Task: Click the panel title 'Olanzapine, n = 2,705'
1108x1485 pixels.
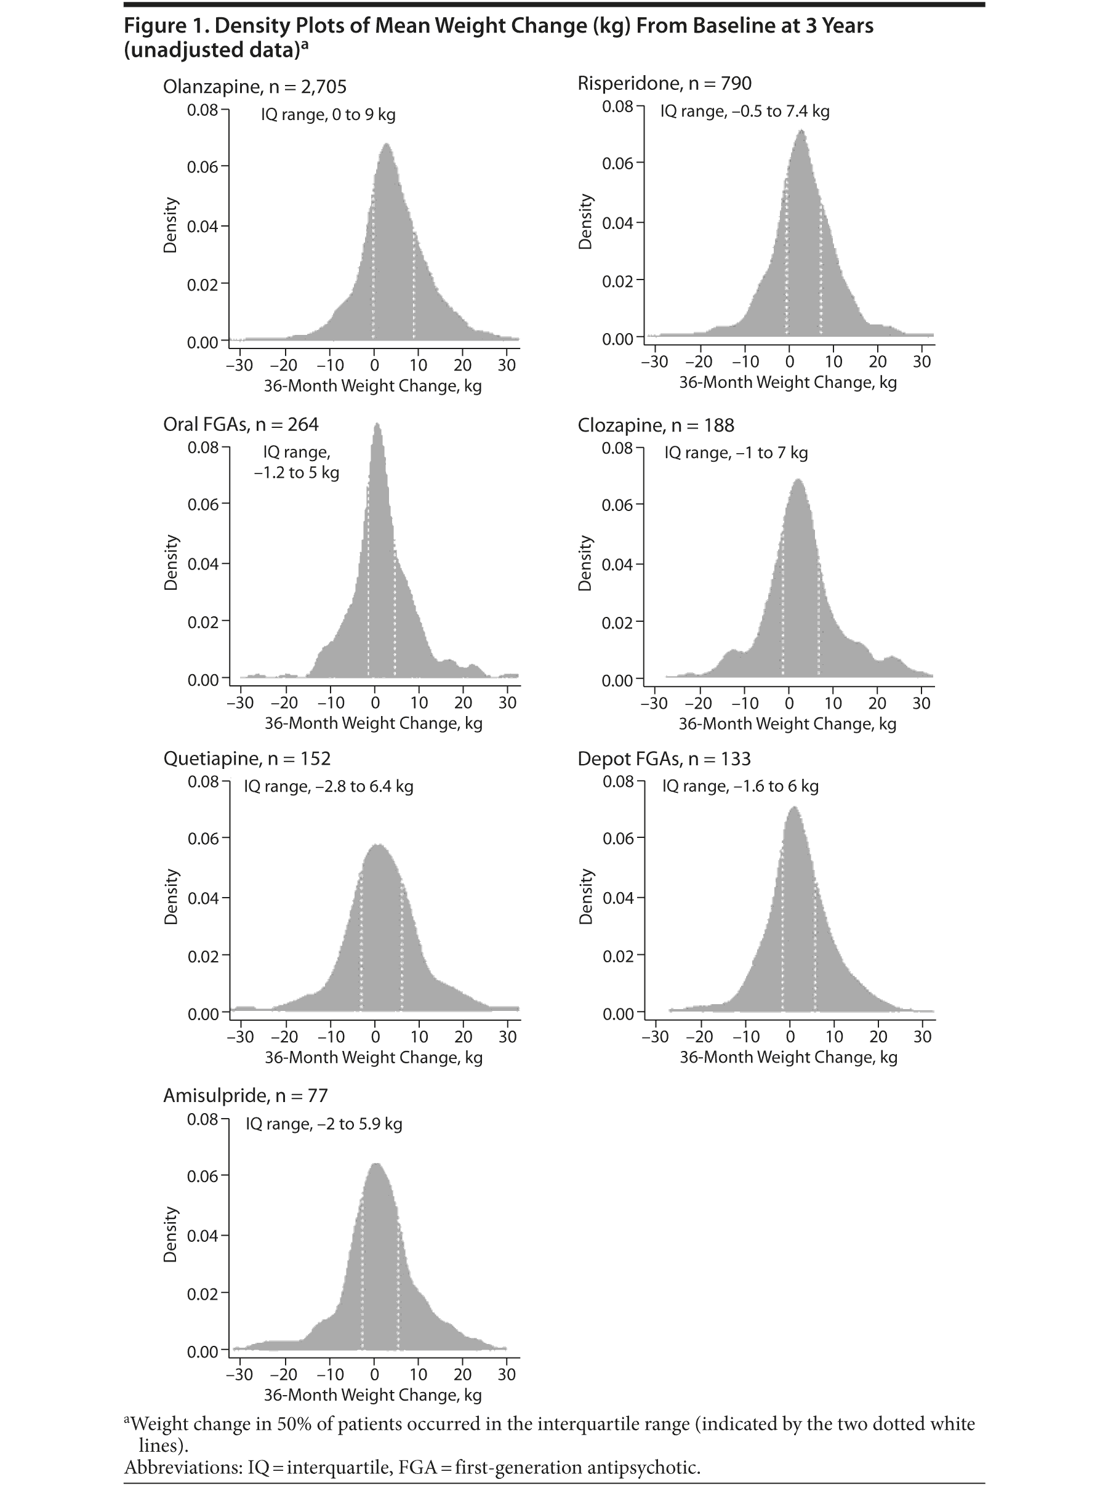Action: pos(255,87)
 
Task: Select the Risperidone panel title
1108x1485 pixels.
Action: pos(664,84)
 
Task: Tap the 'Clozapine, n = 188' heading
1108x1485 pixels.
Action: pos(656,425)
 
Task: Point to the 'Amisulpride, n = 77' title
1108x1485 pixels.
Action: pos(246,1095)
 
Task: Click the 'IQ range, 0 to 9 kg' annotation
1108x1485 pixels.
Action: pos(328,115)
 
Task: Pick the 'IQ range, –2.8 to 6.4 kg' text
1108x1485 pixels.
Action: pos(328,786)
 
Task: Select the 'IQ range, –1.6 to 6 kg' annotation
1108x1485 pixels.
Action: pos(740,786)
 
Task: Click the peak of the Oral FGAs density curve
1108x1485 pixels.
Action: pos(377,425)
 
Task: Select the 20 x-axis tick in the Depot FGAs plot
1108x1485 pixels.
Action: pos(878,1036)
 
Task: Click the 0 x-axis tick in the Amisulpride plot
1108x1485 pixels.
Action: pos(375,1374)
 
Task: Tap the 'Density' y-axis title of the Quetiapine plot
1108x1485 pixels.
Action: pos(171,897)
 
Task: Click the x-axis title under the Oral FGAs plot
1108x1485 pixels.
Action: pos(374,723)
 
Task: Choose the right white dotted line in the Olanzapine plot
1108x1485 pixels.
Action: pos(414,288)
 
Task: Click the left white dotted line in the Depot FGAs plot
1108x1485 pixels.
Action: pos(782,939)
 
